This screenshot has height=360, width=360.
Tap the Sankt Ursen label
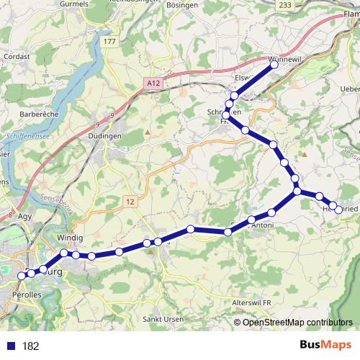point(161,319)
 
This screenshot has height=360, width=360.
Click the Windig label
point(71,238)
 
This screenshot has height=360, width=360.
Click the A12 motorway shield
point(153,84)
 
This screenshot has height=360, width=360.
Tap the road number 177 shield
point(109,42)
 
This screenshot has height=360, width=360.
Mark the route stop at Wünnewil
point(274,65)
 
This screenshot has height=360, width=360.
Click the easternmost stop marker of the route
point(339,210)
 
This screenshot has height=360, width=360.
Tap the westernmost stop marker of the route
point(22,276)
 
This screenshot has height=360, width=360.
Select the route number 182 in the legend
point(30,346)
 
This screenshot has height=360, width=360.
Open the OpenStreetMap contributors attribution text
point(298,322)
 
